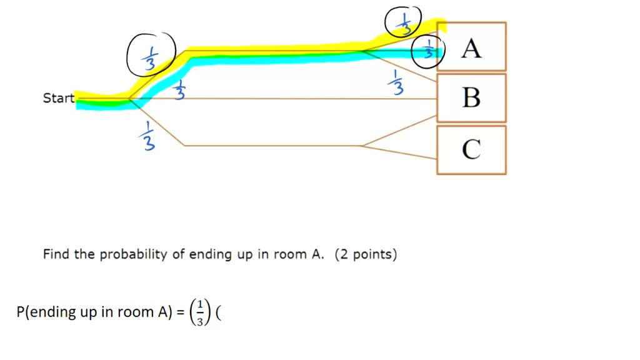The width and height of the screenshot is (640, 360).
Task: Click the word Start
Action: [58, 98]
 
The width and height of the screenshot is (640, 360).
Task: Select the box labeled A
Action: [471, 47]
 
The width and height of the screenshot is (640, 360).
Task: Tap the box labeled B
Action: [471, 97]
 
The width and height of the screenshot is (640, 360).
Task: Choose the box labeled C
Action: [471, 149]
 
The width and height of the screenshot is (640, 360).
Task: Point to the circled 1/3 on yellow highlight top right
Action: [403, 22]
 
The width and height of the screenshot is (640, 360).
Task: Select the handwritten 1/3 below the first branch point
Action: [144, 135]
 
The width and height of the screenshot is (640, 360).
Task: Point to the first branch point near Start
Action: [129, 99]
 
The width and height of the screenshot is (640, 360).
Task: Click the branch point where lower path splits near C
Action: [362, 146]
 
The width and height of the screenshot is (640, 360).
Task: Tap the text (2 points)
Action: [366, 254]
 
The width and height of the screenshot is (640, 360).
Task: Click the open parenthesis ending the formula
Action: [218, 312]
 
